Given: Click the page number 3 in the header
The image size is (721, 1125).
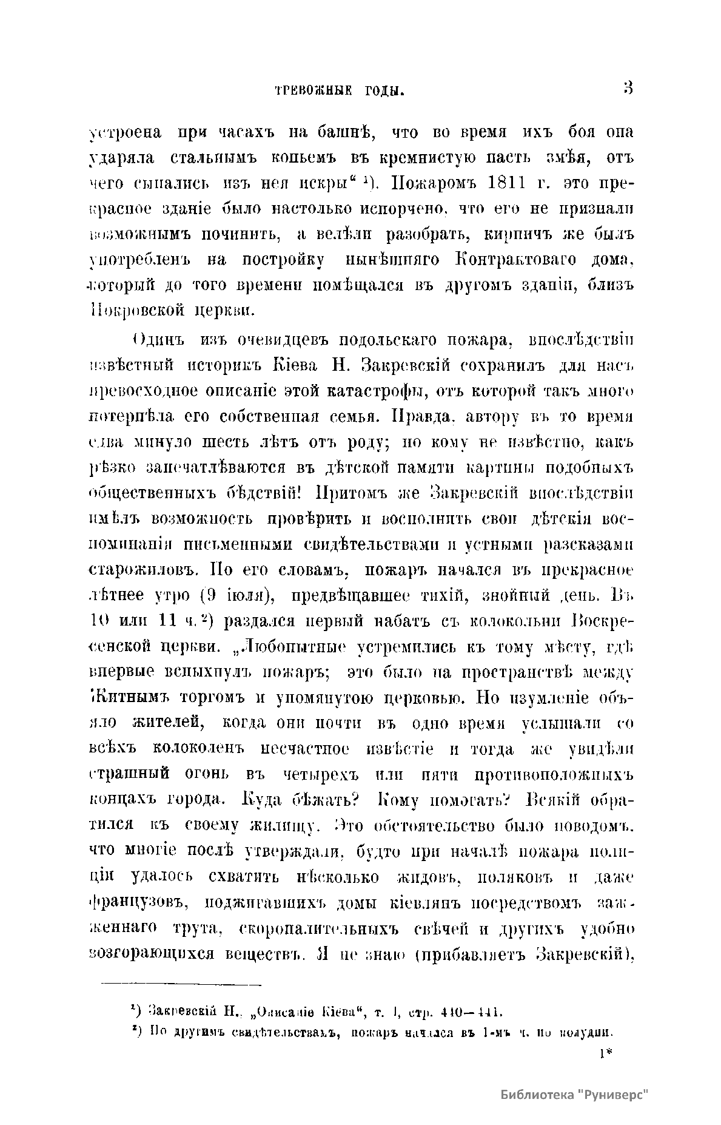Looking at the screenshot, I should coord(628,89).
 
